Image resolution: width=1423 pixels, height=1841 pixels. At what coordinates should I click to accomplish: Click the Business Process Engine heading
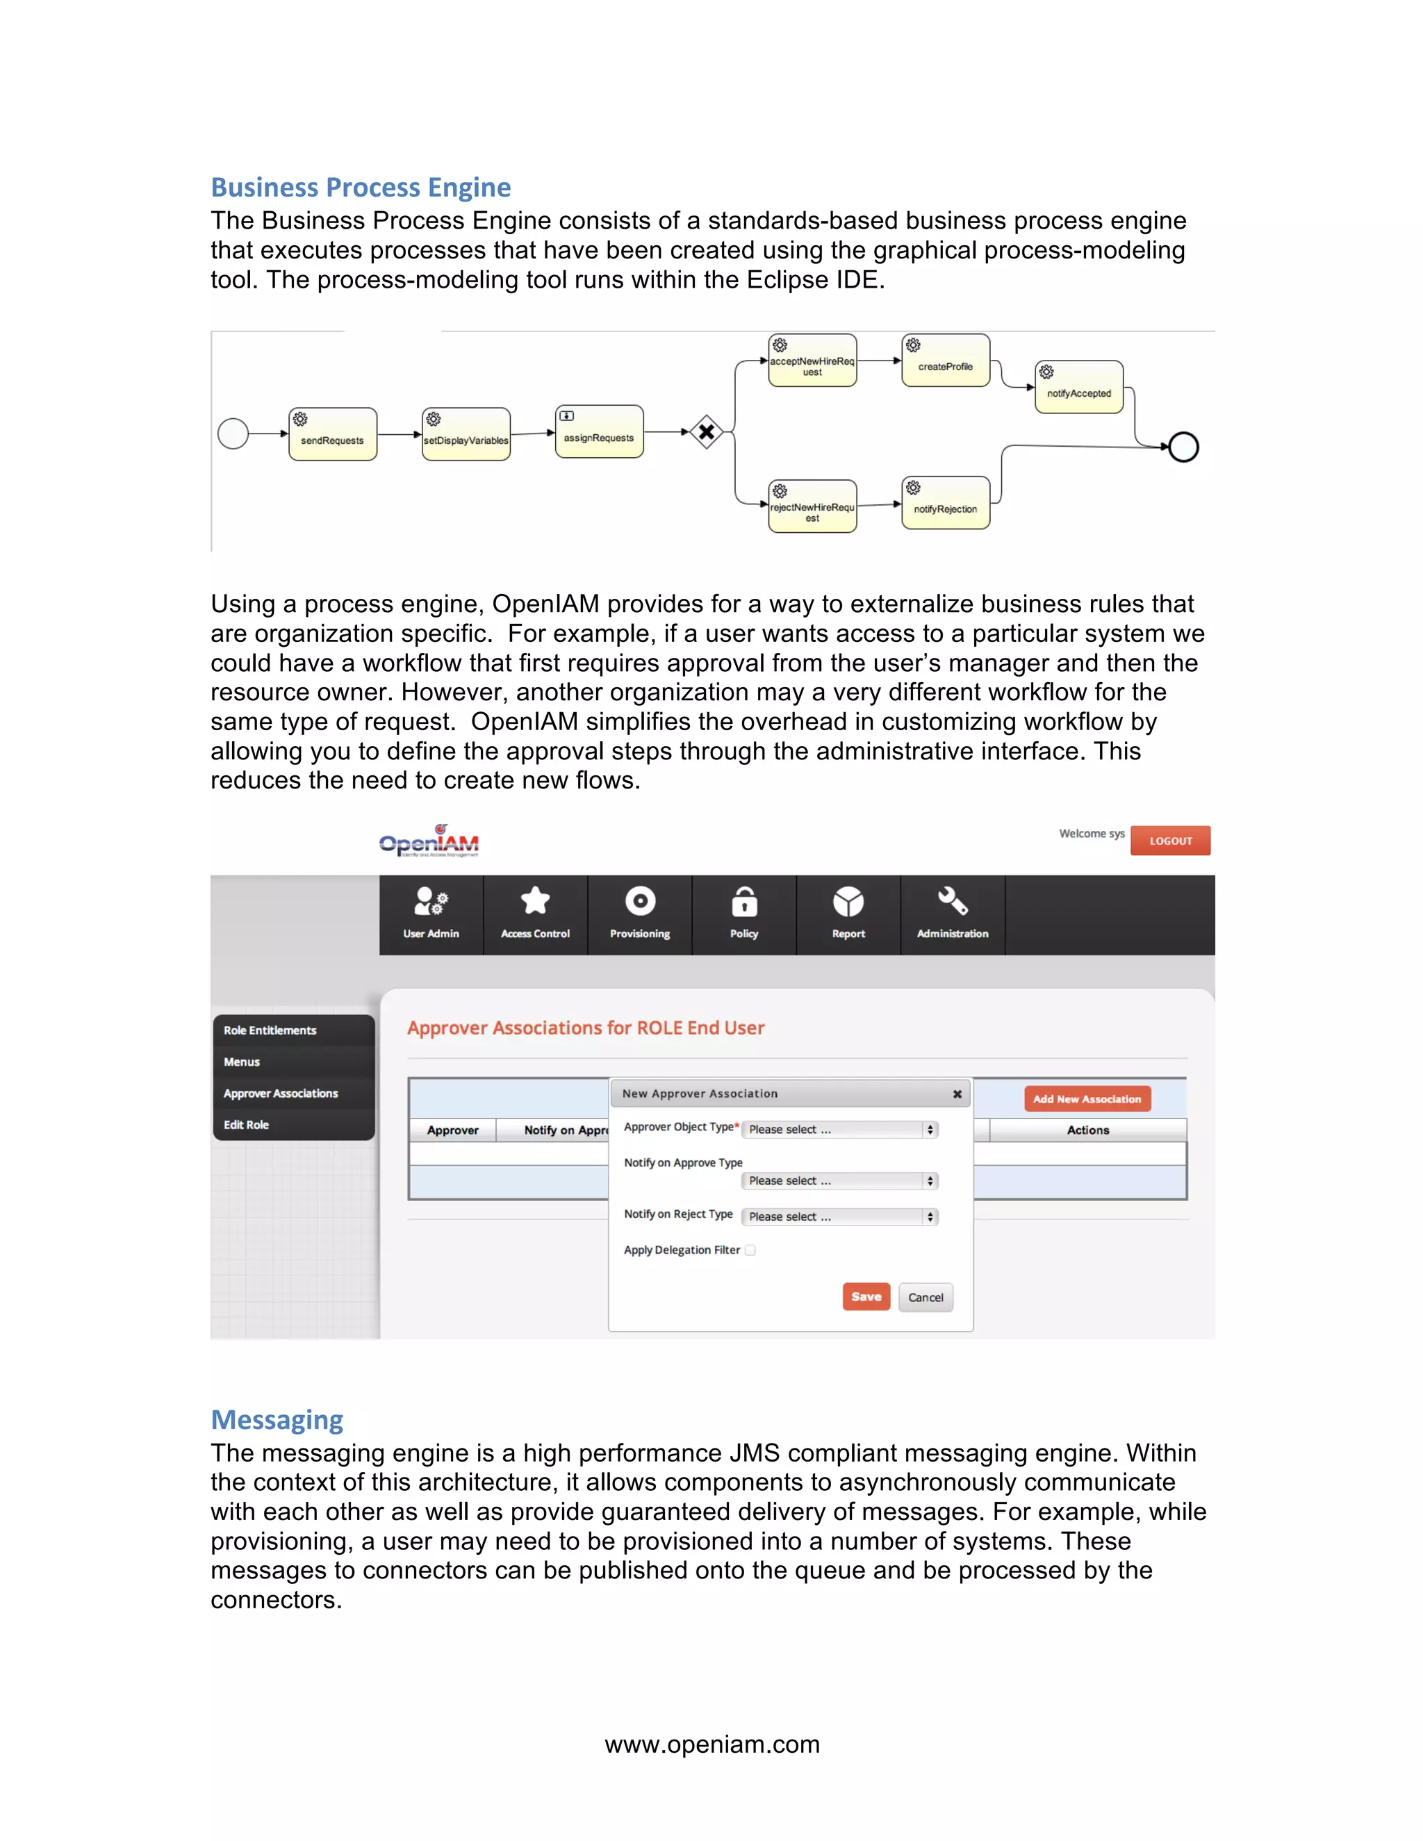tap(360, 187)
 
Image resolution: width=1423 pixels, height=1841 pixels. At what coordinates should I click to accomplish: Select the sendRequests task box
tap(332, 434)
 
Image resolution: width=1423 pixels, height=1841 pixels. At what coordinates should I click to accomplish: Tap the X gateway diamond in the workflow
tap(707, 432)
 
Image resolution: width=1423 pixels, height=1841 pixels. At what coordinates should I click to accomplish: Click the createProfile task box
tap(945, 361)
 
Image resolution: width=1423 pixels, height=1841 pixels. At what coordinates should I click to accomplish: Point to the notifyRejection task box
tap(945, 503)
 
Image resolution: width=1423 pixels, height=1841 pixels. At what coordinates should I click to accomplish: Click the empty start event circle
tap(233, 434)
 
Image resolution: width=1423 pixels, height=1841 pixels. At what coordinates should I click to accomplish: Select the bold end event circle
tap(1183, 447)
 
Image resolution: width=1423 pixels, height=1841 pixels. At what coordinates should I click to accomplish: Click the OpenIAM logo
tap(429, 841)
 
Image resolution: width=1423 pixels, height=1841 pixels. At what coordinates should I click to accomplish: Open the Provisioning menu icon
tap(640, 902)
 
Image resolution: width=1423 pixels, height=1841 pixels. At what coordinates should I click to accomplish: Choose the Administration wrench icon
tap(953, 902)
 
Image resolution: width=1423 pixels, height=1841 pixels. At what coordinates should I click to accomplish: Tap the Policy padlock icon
tap(743, 902)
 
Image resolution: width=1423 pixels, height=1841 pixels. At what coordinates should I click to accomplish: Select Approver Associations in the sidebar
tap(281, 1093)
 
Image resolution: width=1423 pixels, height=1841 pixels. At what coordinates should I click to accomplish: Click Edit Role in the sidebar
tap(246, 1125)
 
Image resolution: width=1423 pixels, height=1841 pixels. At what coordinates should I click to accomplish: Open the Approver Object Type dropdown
tap(841, 1130)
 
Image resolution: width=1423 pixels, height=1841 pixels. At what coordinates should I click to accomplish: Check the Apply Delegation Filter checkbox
tap(750, 1250)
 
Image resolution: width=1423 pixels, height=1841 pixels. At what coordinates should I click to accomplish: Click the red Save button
tap(866, 1296)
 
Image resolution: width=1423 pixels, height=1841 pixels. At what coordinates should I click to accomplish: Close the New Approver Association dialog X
tap(957, 1094)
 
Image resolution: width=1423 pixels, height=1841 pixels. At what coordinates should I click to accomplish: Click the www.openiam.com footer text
tap(711, 1744)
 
